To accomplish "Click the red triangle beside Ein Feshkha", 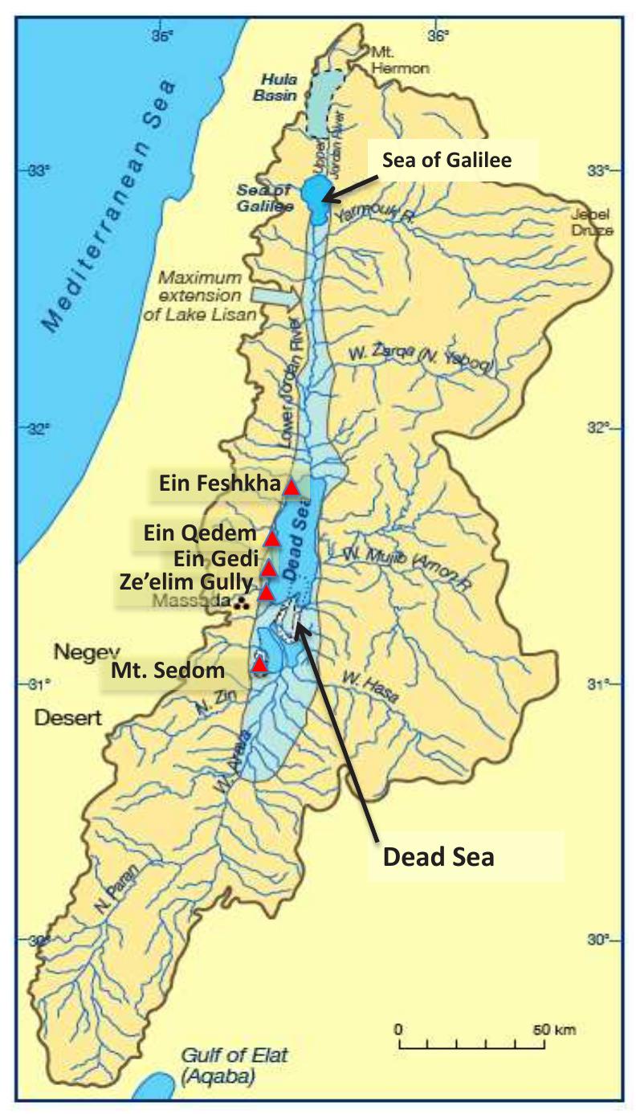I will tap(291, 487).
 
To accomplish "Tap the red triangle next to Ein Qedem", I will tap(272, 537).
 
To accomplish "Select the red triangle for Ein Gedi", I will tap(269, 569).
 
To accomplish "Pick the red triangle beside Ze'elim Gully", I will tap(267, 593).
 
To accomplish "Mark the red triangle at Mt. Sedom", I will tap(259, 664).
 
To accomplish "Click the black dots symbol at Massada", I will tap(240, 603).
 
